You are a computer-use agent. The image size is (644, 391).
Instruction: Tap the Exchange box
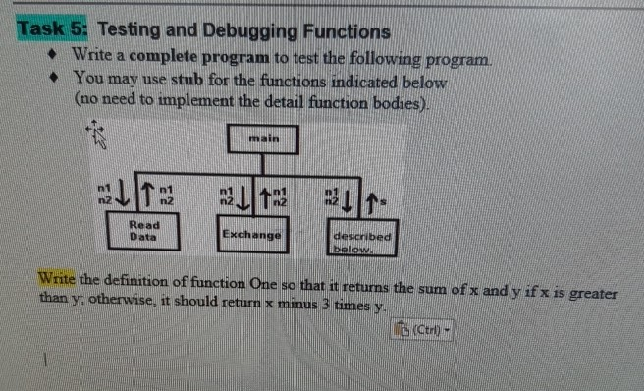250,236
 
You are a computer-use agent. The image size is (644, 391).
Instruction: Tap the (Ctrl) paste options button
424,326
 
